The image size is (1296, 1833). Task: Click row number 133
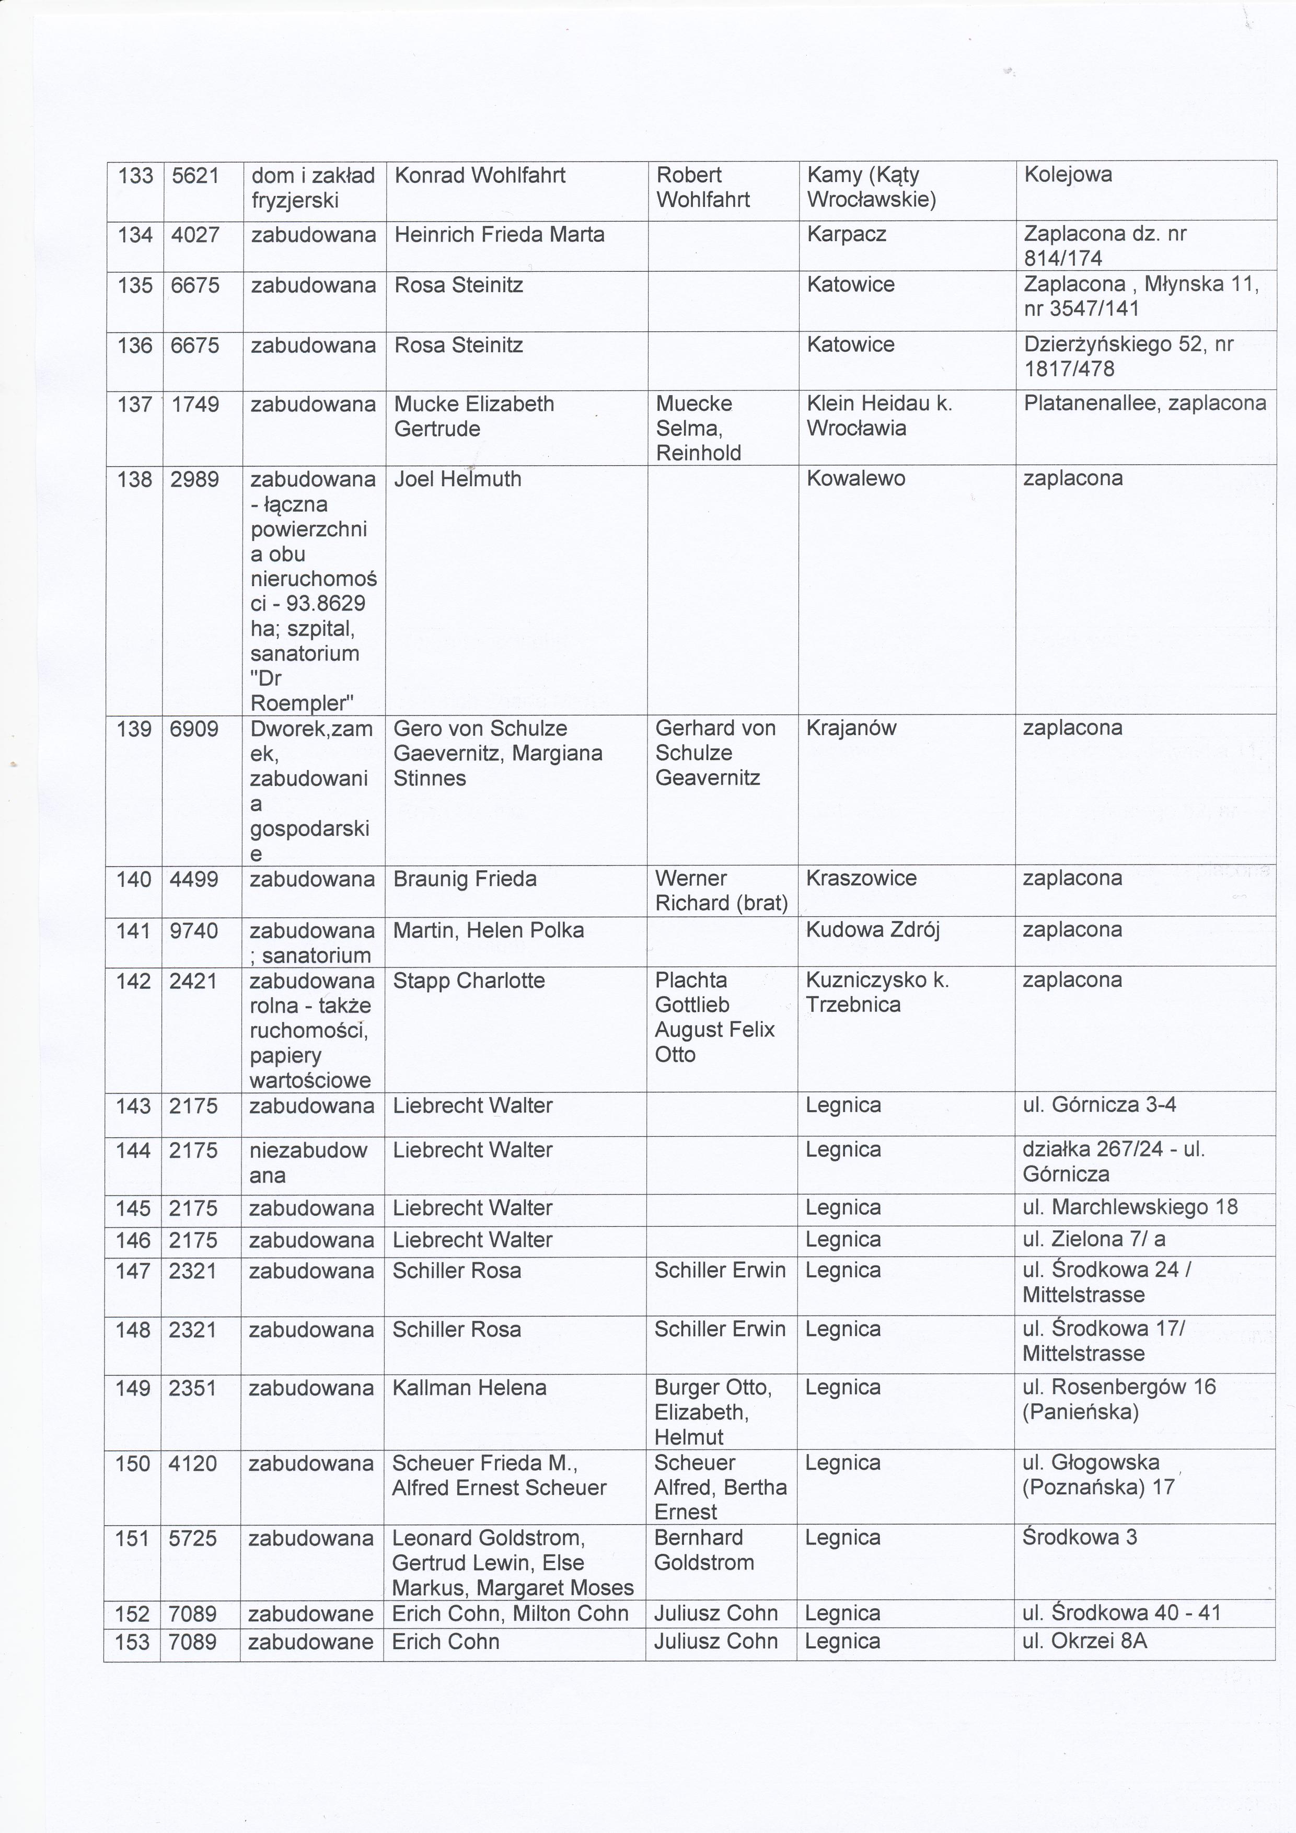coord(135,175)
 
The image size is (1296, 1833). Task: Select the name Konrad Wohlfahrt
coord(480,175)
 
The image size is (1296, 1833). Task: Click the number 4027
coord(195,235)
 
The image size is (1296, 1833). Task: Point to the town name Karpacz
coord(847,235)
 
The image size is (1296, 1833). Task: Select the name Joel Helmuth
coord(457,479)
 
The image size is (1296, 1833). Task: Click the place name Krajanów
coord(851,728)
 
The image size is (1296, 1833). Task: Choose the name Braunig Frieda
coord(465,879)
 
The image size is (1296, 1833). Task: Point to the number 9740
coord(194,930)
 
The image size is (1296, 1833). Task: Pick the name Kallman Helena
coord(469,1388)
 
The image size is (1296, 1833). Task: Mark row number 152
coord(132,1613)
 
